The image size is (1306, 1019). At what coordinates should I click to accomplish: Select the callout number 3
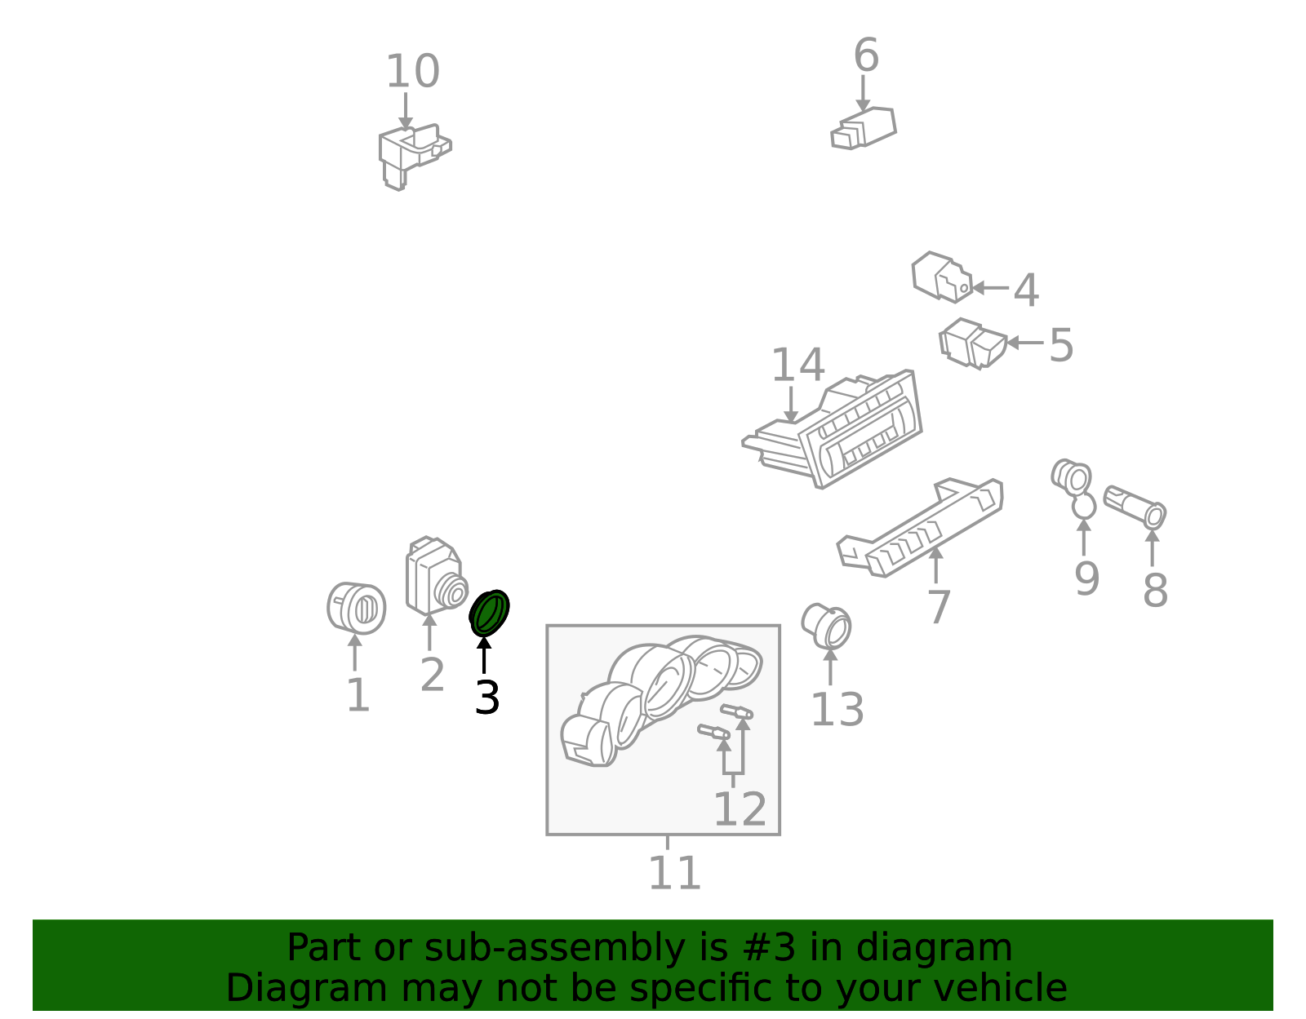click(486, 698)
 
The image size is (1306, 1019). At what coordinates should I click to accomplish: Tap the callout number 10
click(413, 72)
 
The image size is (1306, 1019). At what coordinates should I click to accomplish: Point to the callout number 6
click(866, 55)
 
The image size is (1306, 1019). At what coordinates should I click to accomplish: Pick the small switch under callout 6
click(863, 128)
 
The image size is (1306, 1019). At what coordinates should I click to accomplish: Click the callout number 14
click(797, 365)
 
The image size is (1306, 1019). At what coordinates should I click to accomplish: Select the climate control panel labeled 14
click(833, 430)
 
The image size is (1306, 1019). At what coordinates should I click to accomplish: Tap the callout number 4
click(1026, 290)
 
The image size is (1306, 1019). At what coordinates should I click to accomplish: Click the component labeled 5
click(973, 343)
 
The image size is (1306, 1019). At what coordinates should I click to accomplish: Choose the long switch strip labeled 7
click(920, 528)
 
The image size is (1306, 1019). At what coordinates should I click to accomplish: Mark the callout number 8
click(1154, 590)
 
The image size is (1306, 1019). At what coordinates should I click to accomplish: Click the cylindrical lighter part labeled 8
click(1135, 507)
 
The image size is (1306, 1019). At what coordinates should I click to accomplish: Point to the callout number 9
click(1086, 579)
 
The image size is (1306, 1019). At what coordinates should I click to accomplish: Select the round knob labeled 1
click(357, 608)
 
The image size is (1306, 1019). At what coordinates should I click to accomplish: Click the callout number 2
click(432, 675)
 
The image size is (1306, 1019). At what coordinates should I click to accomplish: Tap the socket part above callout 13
click(826, 627)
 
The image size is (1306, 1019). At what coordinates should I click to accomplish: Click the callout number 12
click(740, 809)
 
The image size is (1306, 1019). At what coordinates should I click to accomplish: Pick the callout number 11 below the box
click(674, 873)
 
